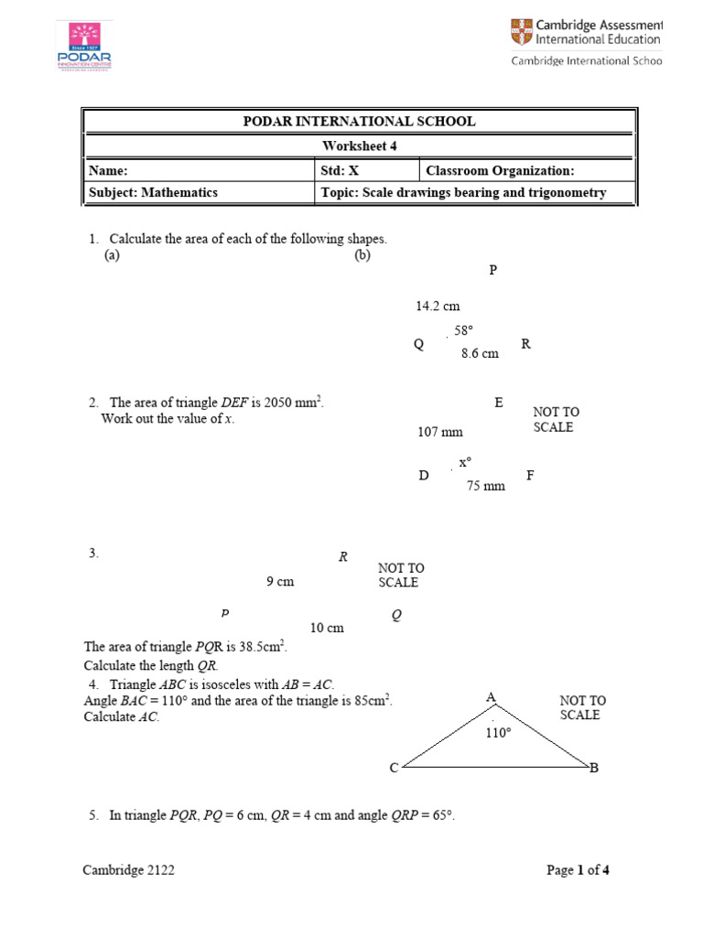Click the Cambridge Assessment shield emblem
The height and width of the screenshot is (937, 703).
[520, 33]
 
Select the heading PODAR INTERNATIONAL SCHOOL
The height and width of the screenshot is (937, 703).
[359, 122]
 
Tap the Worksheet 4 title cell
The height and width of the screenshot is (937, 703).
[359, 145]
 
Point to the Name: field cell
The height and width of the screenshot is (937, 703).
[198, 170]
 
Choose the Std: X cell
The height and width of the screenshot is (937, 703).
[366, 170]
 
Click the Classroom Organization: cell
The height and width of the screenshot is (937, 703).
[526, 170]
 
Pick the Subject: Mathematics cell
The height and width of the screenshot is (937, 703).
[198, 193]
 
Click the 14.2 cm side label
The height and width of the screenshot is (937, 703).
[438, 307]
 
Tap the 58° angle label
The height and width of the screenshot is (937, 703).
[463, 330]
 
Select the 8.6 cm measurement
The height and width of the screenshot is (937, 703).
[480, 353]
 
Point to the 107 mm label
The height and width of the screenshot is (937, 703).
[440, 432]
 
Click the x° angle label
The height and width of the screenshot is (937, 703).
[465, 463]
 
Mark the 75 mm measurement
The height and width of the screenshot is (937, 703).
[486, 486]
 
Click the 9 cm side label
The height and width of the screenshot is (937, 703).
[279, 581]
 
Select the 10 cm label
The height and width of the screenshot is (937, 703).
[327, 628]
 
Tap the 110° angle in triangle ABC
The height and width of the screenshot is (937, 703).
[499, 733]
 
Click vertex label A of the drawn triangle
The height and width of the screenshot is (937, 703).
[491, 698]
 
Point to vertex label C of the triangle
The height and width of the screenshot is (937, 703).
[394, 768]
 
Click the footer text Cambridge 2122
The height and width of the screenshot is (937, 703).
[129, 871]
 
